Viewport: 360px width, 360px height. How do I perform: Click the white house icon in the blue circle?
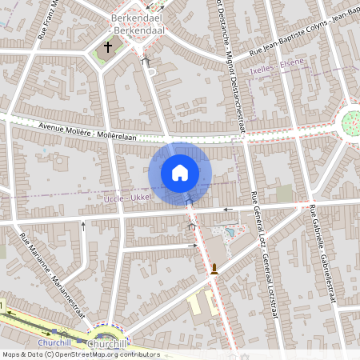coord(180,173)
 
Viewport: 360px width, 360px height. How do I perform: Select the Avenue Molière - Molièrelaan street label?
coord(88,133)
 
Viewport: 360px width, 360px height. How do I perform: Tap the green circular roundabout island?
coord(350,122)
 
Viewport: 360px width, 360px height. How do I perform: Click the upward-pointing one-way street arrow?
coord(82,226)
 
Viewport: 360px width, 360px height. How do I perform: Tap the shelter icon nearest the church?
coord(145,60)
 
